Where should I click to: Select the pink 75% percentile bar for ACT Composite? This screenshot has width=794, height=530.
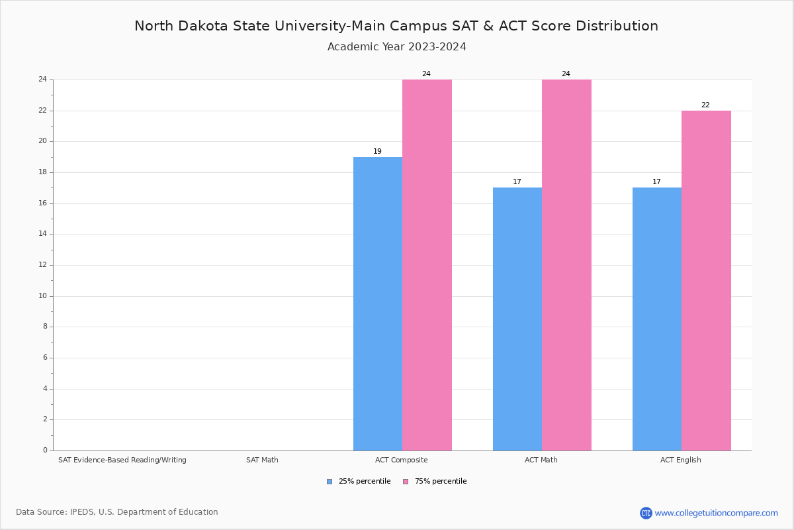pyautogui.click(x=427, y=265)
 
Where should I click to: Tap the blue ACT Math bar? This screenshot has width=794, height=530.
pyautogui.click(x=517, y=319)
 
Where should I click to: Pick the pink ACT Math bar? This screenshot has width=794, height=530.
pyautogui.click(x=566, y=265)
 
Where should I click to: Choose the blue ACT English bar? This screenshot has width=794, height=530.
pyautogui.click(x=657, y=319)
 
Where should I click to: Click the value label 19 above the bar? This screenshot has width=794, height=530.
pyautogui.click(x=377, y=152)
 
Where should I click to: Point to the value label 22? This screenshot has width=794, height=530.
pyautogui.click(x=705, y=105)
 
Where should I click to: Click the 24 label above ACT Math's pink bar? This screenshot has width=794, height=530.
pyautogui.click(x=566, y=74)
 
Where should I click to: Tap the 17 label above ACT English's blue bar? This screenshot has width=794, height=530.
pyautogui.click(x=656, y=182)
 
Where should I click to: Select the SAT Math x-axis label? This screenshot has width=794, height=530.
pyautogui.click(x=262, y=460)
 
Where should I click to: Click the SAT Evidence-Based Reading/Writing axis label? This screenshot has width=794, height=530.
pyautogui.click(x=122, y=460)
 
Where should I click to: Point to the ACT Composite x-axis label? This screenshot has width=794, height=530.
pyautogui.click(x=402, y=460)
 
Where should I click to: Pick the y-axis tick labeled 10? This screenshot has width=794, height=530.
pyautogui.click(x=43, y=296)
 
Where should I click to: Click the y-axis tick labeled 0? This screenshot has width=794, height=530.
pyautogui.click(x=45, y=450)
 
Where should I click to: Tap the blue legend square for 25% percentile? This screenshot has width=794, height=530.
pyautogui.click(x=330, y=482)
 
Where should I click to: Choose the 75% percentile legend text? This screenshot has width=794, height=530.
pyautogui.click(x=441, y=482)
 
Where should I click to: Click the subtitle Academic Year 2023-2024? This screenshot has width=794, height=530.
pyautogui.click(x=397, y=47)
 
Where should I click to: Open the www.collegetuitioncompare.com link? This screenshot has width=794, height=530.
pyautogui.click(x=716, y=513)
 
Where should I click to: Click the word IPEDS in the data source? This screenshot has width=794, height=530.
pyautogui.click(x=82, y=512)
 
